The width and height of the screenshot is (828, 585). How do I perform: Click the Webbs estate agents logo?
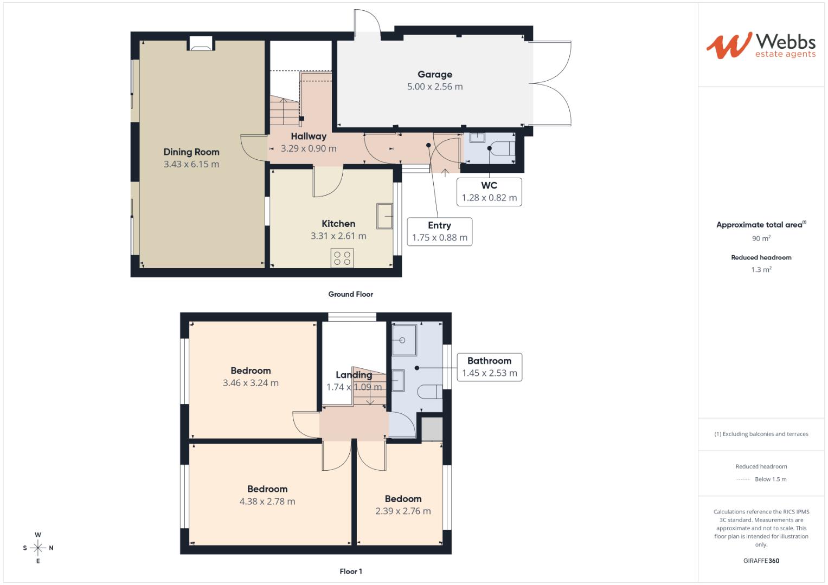(760, 45)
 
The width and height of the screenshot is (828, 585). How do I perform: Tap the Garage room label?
(434, 75)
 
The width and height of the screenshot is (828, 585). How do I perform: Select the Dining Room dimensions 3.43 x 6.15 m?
(191, 164)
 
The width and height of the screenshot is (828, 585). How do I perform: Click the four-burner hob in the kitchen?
(342, 258)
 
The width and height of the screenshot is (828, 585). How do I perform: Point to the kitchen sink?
(385, 216)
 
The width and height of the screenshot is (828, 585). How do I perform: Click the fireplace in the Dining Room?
(200, 44)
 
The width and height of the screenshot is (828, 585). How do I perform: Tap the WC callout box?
(489, 192)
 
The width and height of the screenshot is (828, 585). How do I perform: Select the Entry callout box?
(439, 231)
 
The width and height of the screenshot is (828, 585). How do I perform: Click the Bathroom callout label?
(489, 361)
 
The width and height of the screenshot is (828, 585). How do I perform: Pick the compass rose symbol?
(38, 548)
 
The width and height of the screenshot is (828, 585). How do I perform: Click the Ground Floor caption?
(350, 294)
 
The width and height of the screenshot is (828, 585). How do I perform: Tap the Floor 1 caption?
(350, 571)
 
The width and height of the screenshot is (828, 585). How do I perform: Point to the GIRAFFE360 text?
(761, 561)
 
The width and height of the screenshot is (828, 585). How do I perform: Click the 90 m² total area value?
(761, 238)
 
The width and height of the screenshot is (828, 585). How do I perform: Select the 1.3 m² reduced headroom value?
(761, 270)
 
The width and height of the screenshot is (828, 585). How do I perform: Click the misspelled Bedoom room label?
(403, 499)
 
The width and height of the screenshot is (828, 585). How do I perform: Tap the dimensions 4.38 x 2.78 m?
(267, 502)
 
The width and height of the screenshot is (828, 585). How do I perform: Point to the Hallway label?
(308, 136)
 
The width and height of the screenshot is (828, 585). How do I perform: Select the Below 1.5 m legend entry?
(770, 479)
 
